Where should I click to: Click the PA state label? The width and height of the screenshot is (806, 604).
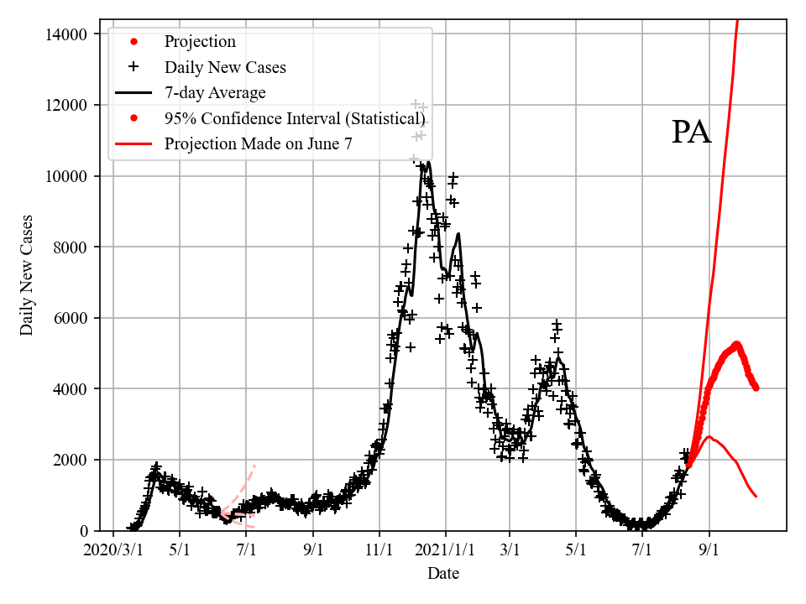click(x=691, y=133)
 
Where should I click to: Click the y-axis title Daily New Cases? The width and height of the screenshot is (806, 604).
click(x=27, y=275)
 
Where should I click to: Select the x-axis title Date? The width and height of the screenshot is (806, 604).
click(x=442, y=574)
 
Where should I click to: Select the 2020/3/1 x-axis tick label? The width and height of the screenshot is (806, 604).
click(x=113, y=550)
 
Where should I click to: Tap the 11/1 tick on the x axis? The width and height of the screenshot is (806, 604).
click(x=379, y=550)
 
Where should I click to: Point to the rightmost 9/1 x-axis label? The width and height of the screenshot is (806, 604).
click(x=709, y=550)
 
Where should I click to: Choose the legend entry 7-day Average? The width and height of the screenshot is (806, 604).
click(x=215, y=92)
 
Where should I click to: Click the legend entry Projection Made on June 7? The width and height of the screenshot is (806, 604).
click(x=258, y=143)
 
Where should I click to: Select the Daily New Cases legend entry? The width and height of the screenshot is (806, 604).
click(x=225, y=67)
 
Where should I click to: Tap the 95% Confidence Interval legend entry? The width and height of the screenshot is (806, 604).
click(x=294, y=118)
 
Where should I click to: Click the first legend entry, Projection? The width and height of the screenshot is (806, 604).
click(x=200, y=41)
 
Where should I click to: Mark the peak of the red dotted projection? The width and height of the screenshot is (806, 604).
click(x=736, y=343)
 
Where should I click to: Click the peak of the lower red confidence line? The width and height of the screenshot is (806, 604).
click(x=709, y=436)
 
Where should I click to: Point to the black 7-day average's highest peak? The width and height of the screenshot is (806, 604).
click(x=428, y=162)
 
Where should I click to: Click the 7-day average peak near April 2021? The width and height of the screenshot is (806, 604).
click(x=558, y=357)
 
